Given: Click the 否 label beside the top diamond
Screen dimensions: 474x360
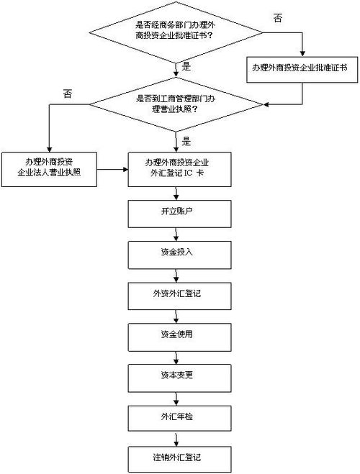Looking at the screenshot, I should click(278, 17).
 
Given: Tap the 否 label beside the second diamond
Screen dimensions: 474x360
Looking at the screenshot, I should click(68, 93).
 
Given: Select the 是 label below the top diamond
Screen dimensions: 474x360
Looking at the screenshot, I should click(185, 66).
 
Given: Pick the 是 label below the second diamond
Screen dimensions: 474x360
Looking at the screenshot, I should click(185, 141).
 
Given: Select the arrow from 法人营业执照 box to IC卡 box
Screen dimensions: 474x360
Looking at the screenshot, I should click(113, 170).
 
